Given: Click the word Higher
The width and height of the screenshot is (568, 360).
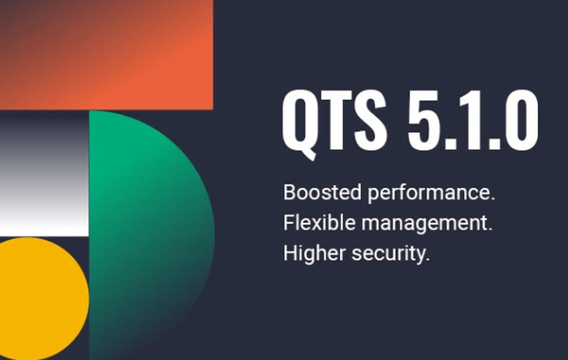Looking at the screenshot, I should point(308,254).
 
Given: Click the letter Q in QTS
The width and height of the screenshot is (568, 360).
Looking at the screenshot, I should point(301,119).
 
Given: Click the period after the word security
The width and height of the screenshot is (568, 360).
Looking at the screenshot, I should point(427,259).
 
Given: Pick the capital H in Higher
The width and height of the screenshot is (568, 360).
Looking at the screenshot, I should point(290,254).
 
